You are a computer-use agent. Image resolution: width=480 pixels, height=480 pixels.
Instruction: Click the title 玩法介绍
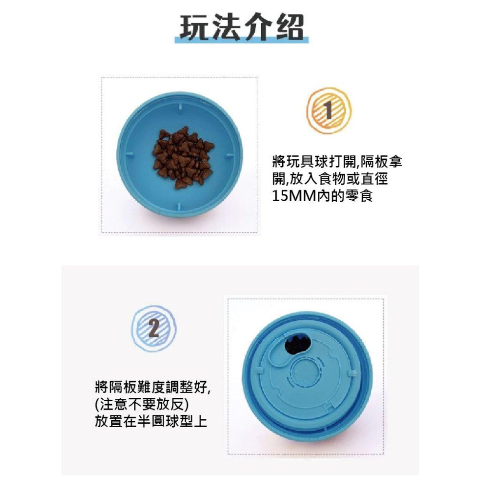pyautogui.click(x=242, y=28)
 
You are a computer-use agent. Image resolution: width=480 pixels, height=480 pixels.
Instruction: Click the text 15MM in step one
pyautogui.click(x=292, y=197)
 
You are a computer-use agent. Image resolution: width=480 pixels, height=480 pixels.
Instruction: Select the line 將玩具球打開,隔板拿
pyautogui.click(x=336, y=162)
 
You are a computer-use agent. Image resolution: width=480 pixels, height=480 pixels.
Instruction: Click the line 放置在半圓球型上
pyautogui.click(x=151, y=421)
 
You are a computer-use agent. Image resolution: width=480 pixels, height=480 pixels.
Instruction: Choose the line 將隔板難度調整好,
pyautogui.click(x=153, y=386)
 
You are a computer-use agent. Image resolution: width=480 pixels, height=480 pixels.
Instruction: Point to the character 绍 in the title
pyautogui.click(x=289, y=28)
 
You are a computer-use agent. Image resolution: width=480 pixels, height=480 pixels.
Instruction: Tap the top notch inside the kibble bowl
pyautogui.click(x=180, y=105)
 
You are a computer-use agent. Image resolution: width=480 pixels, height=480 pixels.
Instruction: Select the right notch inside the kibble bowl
pyautogui.click(x=230, y=155)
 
